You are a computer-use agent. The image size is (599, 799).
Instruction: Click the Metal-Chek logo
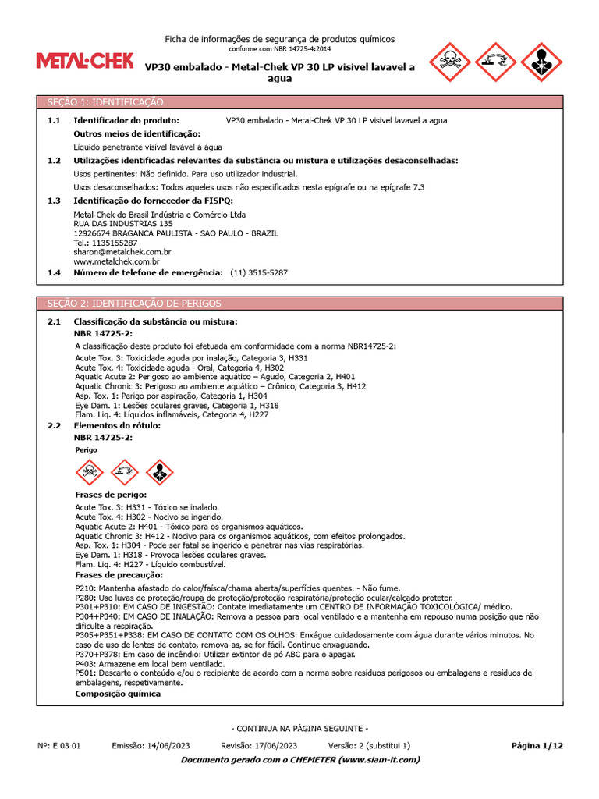pos(85,61)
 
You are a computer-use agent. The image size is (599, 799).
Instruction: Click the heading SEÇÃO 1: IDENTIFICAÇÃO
pos(106,102)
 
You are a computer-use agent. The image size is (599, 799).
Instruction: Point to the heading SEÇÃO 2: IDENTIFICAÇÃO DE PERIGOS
pos(135,304)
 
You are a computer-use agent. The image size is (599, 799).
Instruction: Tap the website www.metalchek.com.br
pos(116,262)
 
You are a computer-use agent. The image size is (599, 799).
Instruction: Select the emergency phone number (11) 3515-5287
pos(259,273)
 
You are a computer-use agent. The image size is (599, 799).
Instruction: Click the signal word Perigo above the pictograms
pos(86,450)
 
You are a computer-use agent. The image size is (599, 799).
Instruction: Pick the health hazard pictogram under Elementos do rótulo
pos(160,472)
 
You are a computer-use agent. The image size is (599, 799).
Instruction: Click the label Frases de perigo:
pos(111,495)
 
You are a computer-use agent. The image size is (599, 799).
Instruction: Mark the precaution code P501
pos(84,673)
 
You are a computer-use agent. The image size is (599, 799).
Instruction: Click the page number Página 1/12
pos(537,746)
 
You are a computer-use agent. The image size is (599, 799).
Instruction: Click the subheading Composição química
pos(118,694)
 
